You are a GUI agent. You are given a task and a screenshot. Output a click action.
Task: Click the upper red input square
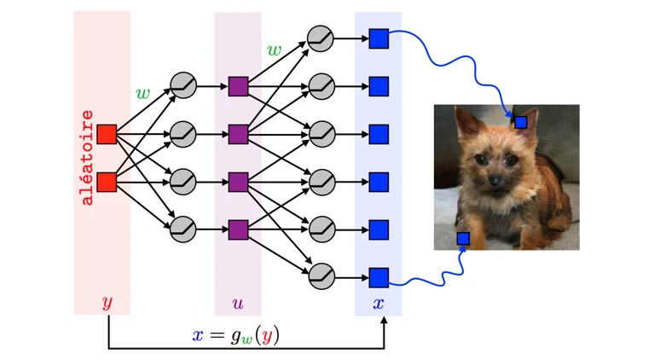[107, 134]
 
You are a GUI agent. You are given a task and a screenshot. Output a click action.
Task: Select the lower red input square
[107, 183]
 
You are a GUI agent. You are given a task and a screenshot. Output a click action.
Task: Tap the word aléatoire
[87, 158]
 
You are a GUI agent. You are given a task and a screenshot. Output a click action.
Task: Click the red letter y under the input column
[107, 303]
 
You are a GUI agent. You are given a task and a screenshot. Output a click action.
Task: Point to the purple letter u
[238, 304]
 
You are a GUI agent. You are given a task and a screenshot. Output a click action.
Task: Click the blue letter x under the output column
[379, 304]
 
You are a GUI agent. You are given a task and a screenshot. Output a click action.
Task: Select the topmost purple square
[239, 87]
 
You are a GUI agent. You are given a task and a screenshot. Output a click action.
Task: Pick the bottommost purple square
[239, 230]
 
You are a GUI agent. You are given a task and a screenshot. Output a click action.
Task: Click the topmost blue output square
[379, 39]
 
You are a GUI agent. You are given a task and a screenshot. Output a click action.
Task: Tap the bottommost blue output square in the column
[379, 278]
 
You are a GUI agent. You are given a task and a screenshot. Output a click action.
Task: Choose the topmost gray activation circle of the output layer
[321, 39]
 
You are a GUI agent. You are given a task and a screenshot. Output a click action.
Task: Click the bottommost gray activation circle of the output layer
[322, 276]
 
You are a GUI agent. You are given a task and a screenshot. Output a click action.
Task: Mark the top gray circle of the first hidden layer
[183, 85]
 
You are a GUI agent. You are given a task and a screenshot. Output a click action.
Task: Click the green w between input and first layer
[143, 93]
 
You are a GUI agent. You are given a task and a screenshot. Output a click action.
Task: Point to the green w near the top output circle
[274, 50]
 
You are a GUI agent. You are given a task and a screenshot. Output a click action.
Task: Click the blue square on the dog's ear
[521, 122]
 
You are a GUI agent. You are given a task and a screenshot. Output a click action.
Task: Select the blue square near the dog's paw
[463, 239]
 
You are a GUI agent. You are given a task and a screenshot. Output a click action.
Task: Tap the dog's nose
[495, 180]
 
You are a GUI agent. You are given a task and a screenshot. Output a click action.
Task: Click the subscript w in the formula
[246, 340]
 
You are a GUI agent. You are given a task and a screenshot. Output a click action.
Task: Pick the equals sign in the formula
[217, 335]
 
